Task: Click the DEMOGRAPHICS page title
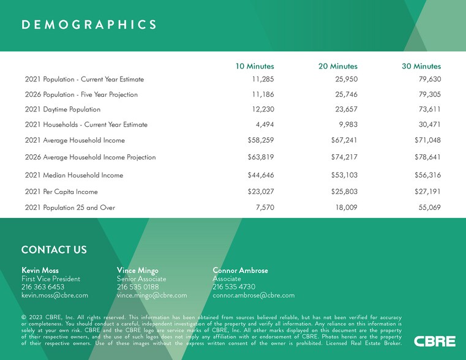coord(89,24)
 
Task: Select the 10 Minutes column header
coord(255,66)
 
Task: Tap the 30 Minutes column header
coord(422,66)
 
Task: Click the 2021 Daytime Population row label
coord(63,110)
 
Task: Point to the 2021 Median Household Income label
coord(74,175)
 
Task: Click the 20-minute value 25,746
coord(344,95)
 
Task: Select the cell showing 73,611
coord(427,110)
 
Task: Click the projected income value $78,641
coord(427,157)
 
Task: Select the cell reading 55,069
coord(427,208)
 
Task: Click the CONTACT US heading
coord(54,249)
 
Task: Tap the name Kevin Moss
coord(40,270)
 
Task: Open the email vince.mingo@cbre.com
coord(151,295)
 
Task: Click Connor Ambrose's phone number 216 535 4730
coord(234,287)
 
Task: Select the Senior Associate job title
coord(141,279)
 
